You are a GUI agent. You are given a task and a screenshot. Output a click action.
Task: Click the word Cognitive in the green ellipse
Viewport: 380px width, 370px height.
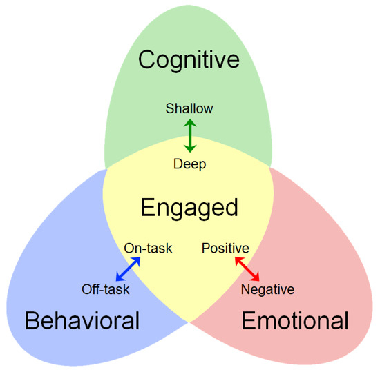pyautogui.click(x=189, y=60)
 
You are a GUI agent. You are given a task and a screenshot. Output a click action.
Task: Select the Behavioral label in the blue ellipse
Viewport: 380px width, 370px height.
pyautogui.click(x=82, y=320)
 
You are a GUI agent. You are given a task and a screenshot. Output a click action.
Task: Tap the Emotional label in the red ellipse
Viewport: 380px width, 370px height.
pyautogui.click(x=295, y=320)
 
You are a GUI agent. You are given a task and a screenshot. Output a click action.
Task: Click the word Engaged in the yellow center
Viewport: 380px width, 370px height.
pyautogui.click(x=189, y=207)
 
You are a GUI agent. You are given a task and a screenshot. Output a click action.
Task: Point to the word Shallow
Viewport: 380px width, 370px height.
pyautogui.click(x=189, y=108)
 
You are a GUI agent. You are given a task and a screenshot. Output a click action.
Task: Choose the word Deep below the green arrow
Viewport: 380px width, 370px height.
pyautogui.click(x=189, y=164)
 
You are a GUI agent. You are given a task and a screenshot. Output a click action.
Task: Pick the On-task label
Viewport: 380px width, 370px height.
pyautogui.click(x=148, y=248)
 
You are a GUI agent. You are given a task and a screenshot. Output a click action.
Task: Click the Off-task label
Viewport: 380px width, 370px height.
pyautogui.click(x=106, y=289)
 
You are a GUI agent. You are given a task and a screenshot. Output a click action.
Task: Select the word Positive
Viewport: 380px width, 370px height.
pyautogui.click(x=225, y=248)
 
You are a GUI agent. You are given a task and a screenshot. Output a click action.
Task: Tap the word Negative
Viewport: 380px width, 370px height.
pyautogui.click(x=267, y=289)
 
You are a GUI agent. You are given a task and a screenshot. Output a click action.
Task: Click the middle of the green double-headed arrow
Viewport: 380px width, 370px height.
pyautogui.click(x=189, y=136)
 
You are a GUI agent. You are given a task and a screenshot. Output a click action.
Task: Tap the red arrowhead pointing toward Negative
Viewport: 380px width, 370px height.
pyautogui.click(x=258, y=279)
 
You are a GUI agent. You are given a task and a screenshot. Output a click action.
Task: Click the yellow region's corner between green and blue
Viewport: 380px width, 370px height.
pyautogui.click(x=105, y=168)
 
